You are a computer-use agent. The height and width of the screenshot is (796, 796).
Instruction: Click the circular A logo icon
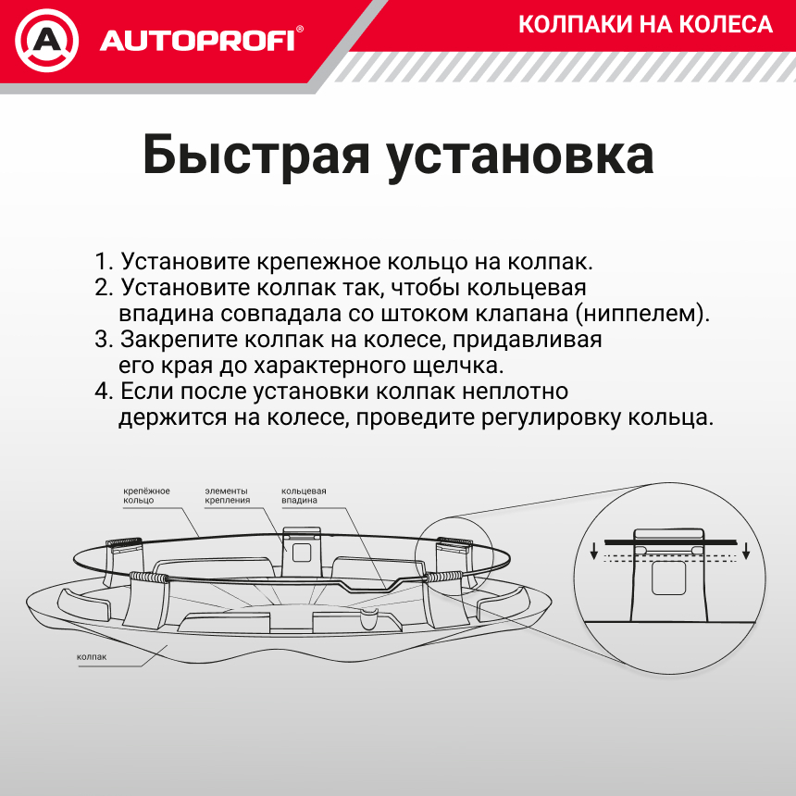(x=47, y=40)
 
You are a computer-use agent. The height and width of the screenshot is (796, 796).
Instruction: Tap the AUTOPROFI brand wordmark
(x=198, y=41)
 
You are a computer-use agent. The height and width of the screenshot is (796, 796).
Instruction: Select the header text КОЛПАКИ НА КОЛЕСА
(x=645, y=24)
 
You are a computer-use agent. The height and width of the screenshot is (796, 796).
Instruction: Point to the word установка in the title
(x=520, y=155)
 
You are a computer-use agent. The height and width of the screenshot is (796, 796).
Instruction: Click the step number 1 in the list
(x=102, y=261)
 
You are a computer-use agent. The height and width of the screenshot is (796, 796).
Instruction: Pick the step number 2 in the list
(x=103, y=287)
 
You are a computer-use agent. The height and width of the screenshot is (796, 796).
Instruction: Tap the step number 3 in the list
(x=103, y=339)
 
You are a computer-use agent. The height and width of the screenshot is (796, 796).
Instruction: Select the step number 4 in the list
(x=103, y=391)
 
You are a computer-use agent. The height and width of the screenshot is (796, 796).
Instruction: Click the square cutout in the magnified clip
(x=667, y=580)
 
